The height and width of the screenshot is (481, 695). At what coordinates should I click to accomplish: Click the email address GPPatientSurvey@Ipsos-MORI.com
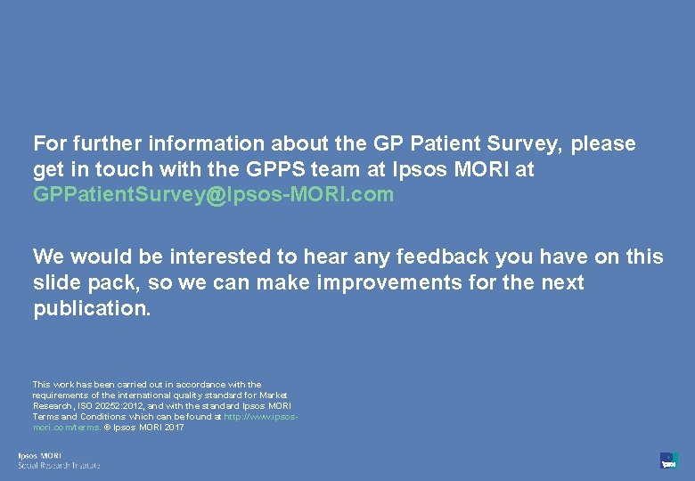[213, 195]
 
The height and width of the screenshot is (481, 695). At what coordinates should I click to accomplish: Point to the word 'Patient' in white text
[443, 144]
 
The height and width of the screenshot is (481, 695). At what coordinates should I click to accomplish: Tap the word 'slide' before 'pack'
[56, 283]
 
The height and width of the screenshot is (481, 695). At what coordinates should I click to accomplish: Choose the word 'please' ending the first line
[603, 144]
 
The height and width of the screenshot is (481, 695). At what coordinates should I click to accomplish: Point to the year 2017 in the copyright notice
[174, 428]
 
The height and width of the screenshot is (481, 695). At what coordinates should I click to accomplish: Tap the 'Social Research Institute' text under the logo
[60, 465]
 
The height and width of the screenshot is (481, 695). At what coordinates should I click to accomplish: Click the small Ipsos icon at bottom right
[668, 461]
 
